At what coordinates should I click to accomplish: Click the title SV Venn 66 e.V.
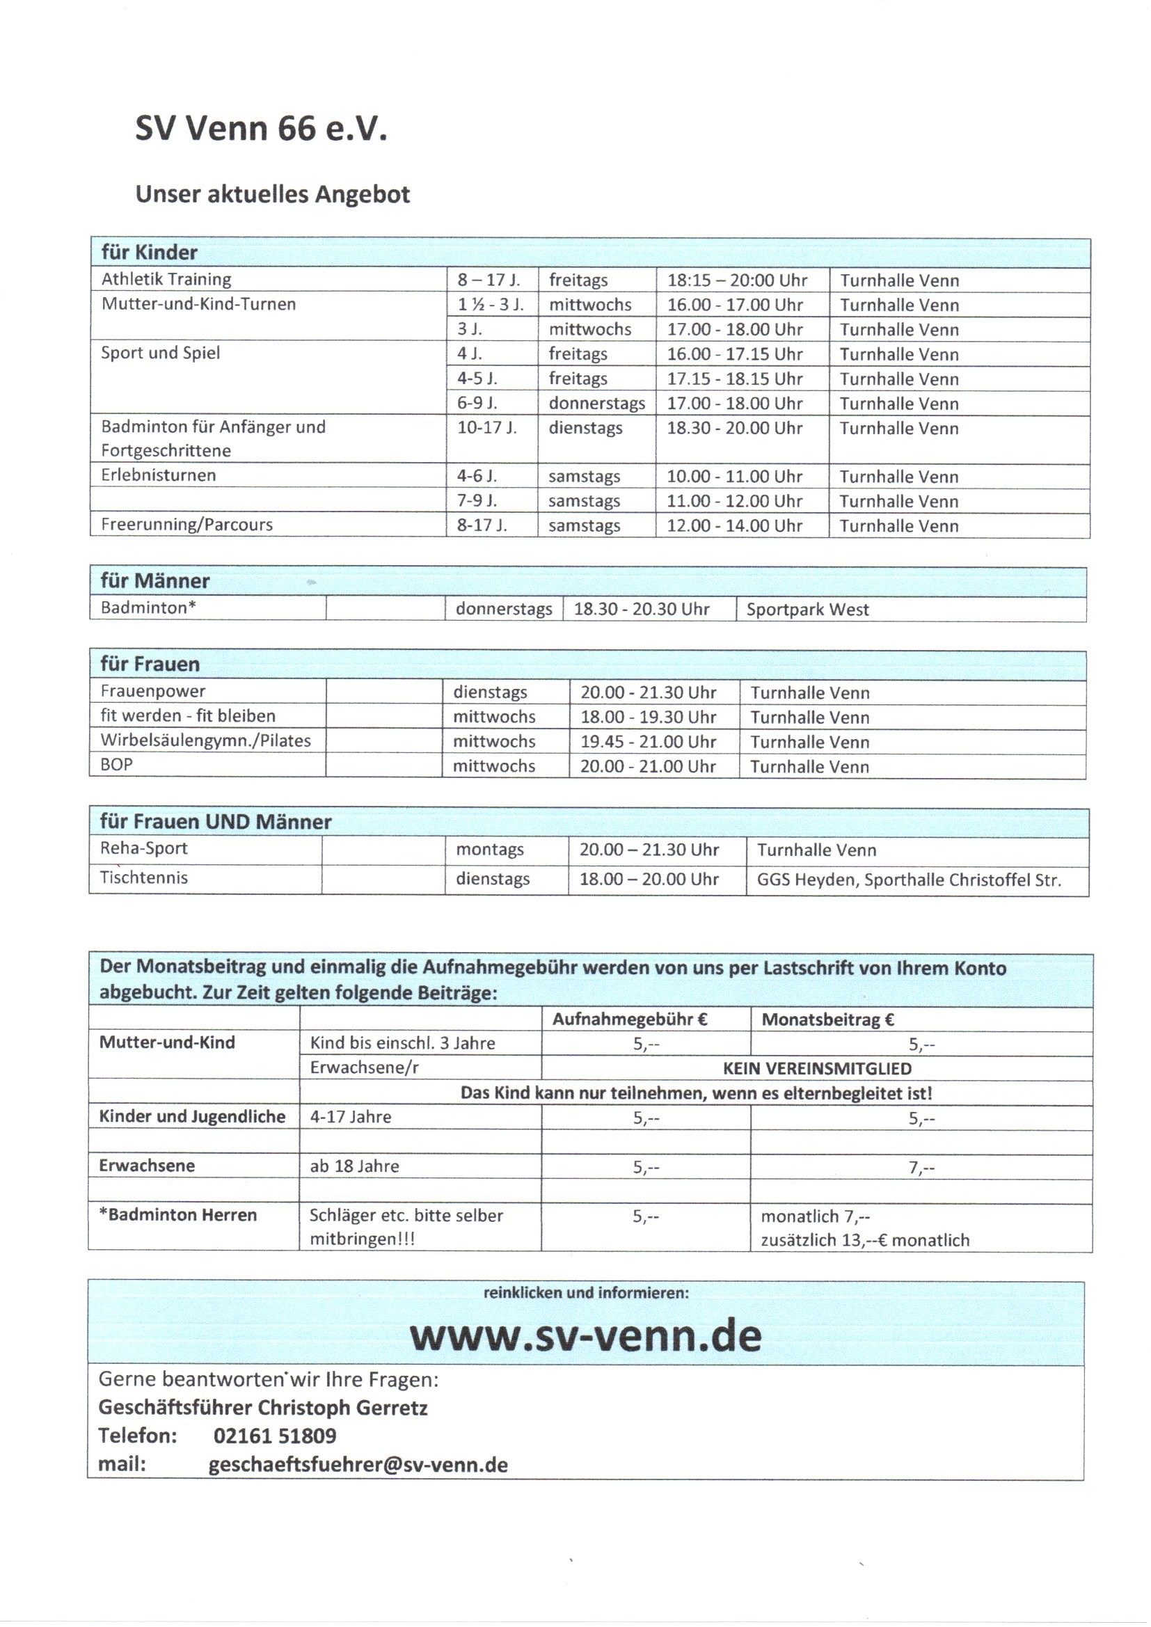pos(261,129)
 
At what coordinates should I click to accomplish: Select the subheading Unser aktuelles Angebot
pos(272,194)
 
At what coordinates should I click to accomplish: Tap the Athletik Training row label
pos(166,279)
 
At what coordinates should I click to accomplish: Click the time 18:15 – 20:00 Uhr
pos(736,280)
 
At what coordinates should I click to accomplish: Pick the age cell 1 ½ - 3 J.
pos(490,305)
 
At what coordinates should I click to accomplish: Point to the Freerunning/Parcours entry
pos(186,525)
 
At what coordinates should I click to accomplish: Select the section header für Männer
pos(154,581)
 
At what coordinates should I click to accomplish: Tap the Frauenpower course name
pos(152,691)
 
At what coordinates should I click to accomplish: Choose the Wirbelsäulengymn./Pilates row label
pos(205,740)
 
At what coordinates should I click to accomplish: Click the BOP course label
pos(116,765)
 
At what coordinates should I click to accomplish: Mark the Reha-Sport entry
pos(143,848)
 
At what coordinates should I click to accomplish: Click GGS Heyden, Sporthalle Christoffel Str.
pos(908,880)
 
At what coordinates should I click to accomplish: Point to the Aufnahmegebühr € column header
pos(629,1019)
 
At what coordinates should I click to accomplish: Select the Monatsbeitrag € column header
pos(827,1019)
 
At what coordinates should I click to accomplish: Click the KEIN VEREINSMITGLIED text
pos(816,1069)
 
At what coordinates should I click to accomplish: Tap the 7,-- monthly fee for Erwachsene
pos(921,1167)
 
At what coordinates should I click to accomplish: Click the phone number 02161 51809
pos(274,1436)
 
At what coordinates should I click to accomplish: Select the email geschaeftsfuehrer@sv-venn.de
pos(358,1465)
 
